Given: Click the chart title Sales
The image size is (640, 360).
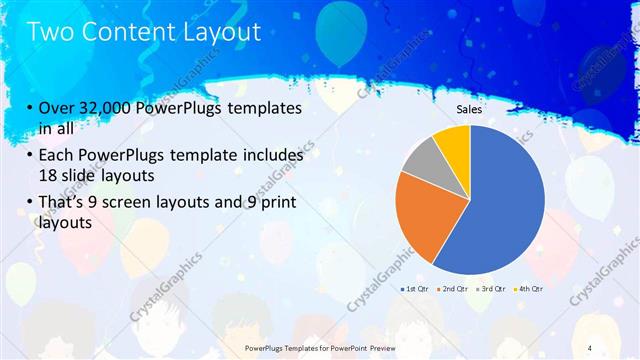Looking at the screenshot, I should (470, 109).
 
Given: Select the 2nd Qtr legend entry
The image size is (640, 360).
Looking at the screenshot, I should (457, 289).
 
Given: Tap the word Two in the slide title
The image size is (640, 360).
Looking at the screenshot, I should (50, 32).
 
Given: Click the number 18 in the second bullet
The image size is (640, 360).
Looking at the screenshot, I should (47, 174).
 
